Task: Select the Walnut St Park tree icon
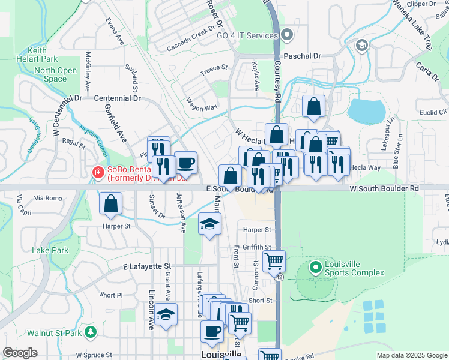click(x=91, y=331)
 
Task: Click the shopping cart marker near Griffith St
click(x=274, y=261)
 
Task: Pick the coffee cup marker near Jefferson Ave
click(x=186, y=162)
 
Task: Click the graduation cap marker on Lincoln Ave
click(x=166, y=314)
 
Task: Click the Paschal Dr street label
click(x=302, y=56)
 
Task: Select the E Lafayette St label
click(x=147, y=266)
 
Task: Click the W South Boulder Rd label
click(x=384, y=188)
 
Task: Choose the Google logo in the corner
click(x=20, y=353)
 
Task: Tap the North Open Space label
click(x=55, y=74)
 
